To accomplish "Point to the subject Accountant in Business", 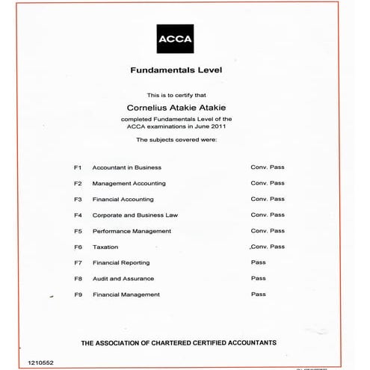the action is (x=126, y=167).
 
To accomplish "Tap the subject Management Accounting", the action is (x=129, y=183).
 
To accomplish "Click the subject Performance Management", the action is (x=132, y=231).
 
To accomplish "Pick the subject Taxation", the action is (x=105, y=247).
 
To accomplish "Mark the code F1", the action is (x=78, y=167).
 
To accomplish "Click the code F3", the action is (x=78, y=200).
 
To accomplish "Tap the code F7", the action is (x=78, y=263).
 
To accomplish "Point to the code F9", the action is (x=78, y=295).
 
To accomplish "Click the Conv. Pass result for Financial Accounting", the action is (x=268, y=199).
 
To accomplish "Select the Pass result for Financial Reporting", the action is (x=259, y=262).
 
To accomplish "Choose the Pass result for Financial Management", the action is (x=259, y=294).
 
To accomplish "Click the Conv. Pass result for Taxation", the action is (x=268, y=246).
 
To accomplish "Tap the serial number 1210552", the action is (x=41, y=361).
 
